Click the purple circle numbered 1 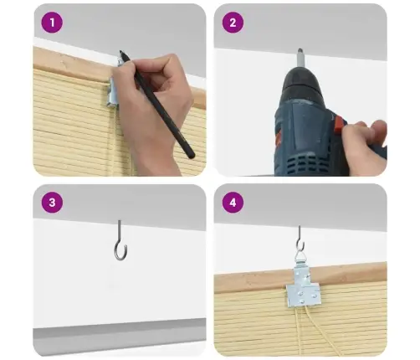click(52, 23)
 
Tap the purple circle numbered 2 click(233, 23)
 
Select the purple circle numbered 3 click(52, 203)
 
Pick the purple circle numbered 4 click(233, 203)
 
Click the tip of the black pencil click(120, 51)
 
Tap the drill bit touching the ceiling click(301, 58)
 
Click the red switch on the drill click(339, 125)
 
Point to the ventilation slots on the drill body click(305, 163)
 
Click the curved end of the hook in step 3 click(120, 252)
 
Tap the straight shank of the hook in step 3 click(120, 232)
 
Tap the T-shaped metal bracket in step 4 click(303, 286)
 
